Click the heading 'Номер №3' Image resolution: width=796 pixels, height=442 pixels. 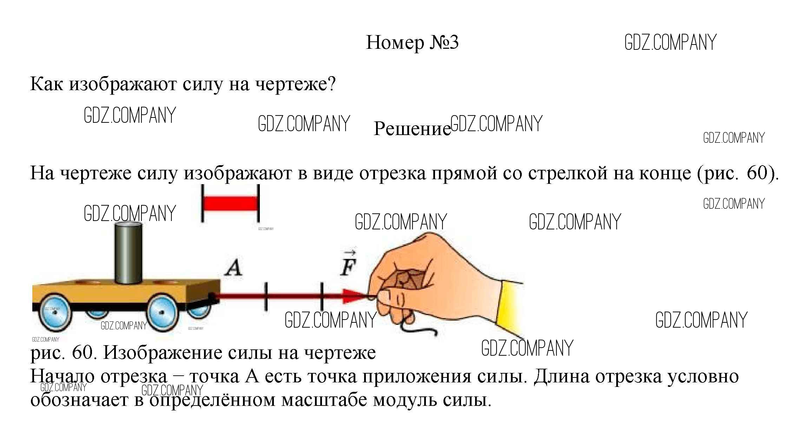coord(412,43)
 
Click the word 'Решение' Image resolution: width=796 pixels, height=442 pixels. coord(412,129)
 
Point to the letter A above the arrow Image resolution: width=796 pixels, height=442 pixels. coord(233,268)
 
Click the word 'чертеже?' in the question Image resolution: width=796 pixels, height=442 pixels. coord(295,84)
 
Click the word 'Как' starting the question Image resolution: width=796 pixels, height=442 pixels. coord(46,84)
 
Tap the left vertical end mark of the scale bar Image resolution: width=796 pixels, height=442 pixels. coord(203,203)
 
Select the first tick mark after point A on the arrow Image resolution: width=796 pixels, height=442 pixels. coord(266,297)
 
